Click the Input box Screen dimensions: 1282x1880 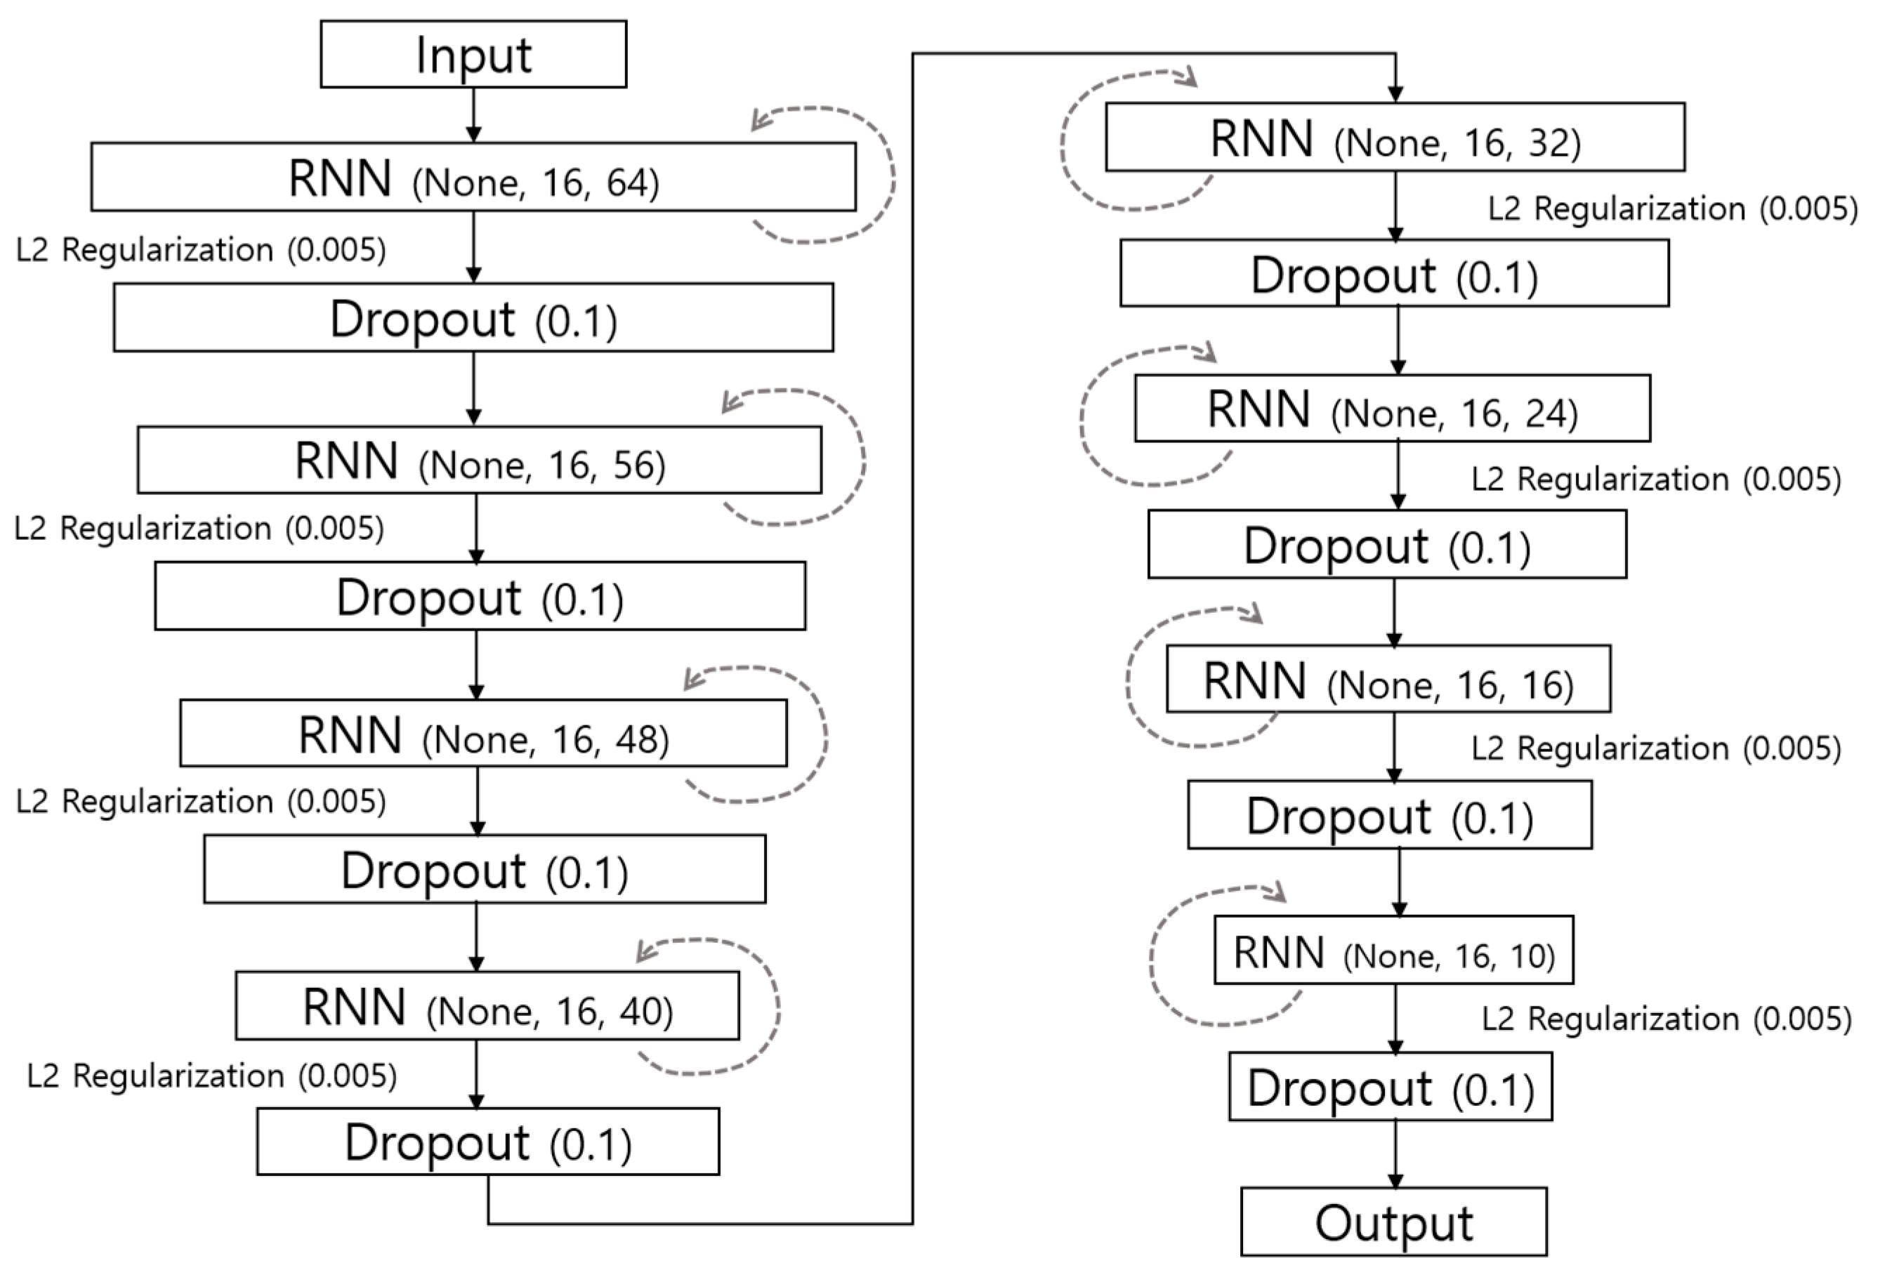(x=473, y=54)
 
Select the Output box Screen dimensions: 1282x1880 (x=1393, y=1222)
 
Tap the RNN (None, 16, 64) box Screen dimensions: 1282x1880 (x=473, y=177)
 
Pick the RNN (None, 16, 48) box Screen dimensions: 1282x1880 (x=483, y=734)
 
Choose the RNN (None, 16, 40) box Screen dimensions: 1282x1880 (x=487, y=1006)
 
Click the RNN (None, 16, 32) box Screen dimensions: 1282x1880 (x=1395, y=138)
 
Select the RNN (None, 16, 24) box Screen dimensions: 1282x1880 (x=1391, y=409)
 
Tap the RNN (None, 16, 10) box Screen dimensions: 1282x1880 (x=1393, y=951)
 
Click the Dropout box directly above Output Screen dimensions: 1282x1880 (x=1390, y=1087)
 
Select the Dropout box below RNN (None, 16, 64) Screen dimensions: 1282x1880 (x=473, y=318)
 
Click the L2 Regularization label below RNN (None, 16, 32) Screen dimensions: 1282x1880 (x=1672, y=209)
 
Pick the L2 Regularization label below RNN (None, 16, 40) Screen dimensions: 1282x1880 (x=212, y=1076)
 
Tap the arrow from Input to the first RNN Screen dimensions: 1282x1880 (x=474, y=115)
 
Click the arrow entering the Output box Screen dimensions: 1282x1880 (x=1395, y=1154)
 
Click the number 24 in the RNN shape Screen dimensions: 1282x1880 (x=1551, y=414)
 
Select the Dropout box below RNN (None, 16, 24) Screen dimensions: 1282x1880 (x=1386, y=544)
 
